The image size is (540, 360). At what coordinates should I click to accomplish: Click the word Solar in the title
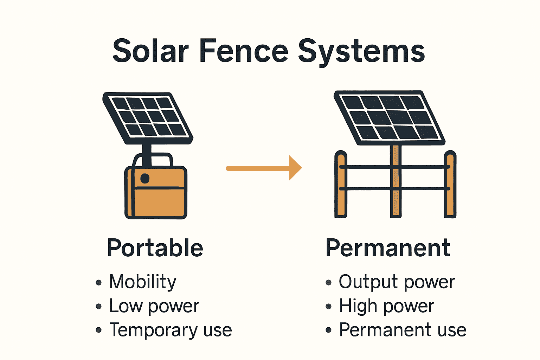150,51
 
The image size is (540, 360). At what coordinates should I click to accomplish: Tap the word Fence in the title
244,51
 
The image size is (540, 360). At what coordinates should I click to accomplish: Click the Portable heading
155,248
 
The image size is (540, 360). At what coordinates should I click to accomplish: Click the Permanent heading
388,248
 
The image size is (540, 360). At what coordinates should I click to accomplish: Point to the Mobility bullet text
143,282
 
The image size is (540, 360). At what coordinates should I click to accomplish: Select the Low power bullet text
154,306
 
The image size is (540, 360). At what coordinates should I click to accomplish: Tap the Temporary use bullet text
171,330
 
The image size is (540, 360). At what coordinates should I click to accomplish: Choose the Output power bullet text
397,282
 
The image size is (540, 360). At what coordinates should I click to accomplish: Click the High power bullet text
386,306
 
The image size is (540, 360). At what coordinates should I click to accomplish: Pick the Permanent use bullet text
403,330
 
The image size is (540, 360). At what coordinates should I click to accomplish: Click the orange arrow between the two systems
264,168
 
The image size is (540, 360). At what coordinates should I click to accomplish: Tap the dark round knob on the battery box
145,178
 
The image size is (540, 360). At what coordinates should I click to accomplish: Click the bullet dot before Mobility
99,282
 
